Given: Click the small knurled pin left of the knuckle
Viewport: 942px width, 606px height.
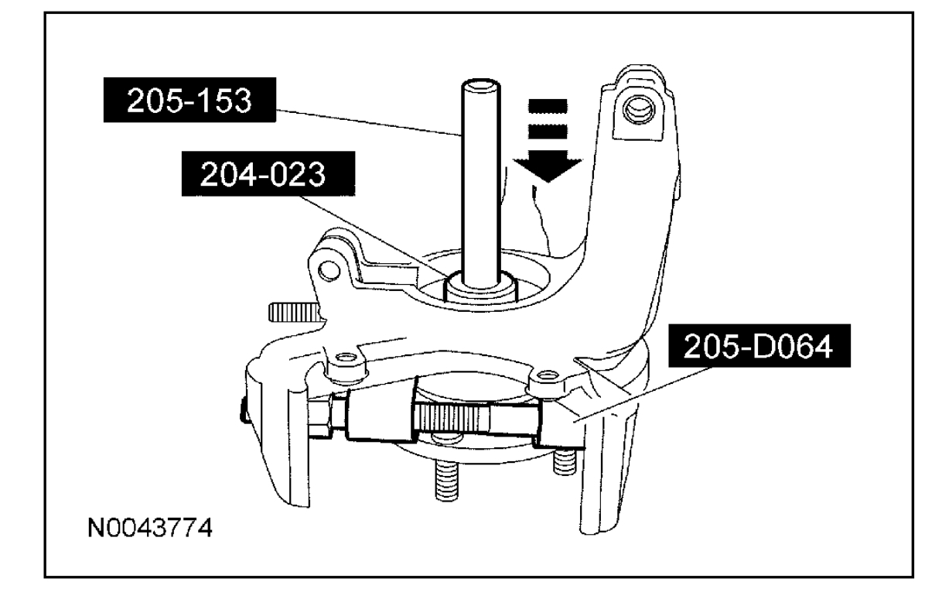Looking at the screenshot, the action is click(x=294, y=312).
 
